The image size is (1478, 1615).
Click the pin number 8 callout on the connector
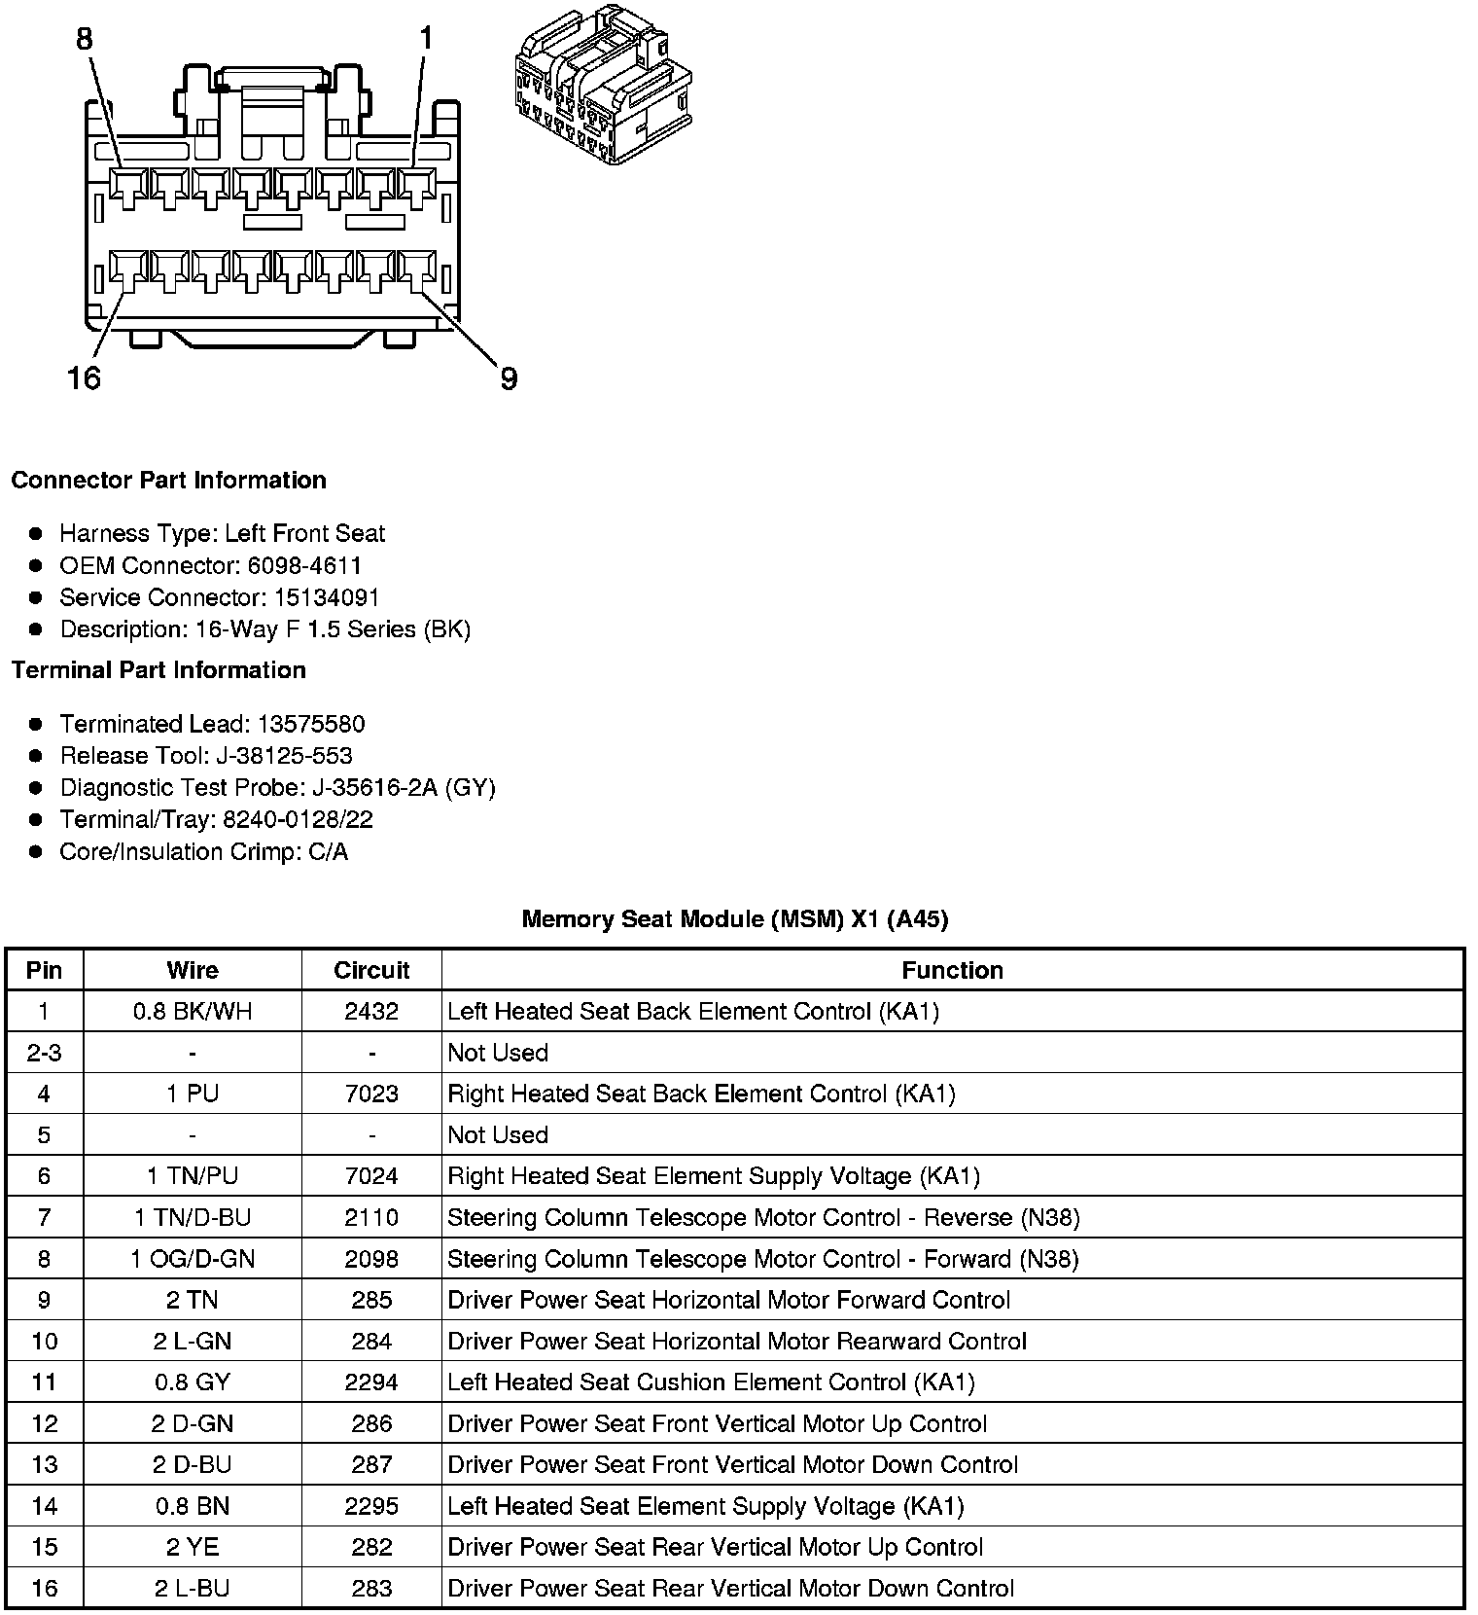click(x=85, y=39)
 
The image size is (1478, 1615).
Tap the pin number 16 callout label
click(x=84, y=377)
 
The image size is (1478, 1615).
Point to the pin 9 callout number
click(x=509, y=378)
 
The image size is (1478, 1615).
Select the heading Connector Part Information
click(x=168, y=481)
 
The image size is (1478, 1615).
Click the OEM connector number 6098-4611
click(x=304, y=565)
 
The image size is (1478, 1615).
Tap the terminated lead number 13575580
click(x=311, y=724)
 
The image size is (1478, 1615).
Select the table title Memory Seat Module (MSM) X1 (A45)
click(x=734, y=919)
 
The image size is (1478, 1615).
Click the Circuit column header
click(x=371, y=970)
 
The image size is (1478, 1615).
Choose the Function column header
click(x=952, y=970)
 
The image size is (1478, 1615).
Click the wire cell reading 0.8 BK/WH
click(x=193, y=1012)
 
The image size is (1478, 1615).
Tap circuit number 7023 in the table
click(x=371, y=1094)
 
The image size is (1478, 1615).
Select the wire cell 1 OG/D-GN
click(x=193, y=1259)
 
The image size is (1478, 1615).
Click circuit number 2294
click(x=371, y=1382)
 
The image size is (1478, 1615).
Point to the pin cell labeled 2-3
click(x=44, y=1053)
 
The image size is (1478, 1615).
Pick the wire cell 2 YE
click(x=193, y=1547)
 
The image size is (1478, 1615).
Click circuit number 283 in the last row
click(x=371, y=1589)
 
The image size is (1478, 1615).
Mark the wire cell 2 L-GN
click(x=193, y=1342)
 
